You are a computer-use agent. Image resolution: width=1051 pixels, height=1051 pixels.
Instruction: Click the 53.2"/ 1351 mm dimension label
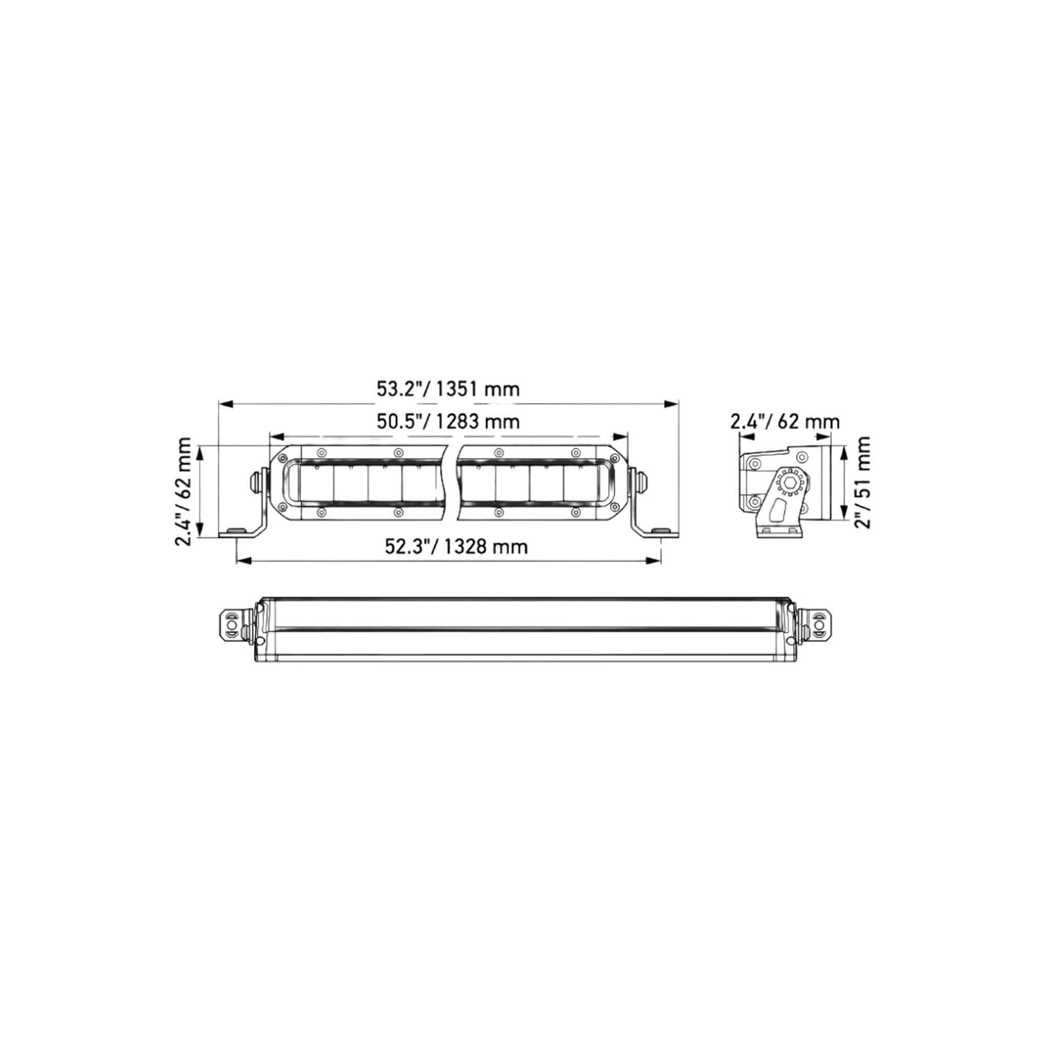tap(448, 389)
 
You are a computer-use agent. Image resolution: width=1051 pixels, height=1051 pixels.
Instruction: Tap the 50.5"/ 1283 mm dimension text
tap(448, 422)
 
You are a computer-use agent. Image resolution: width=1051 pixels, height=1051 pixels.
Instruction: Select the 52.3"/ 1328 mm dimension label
tap(456, 546)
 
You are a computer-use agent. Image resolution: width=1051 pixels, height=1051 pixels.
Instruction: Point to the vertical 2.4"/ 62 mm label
tap(183, 491)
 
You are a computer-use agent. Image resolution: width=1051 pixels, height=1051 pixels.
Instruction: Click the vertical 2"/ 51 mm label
tap(862, 483)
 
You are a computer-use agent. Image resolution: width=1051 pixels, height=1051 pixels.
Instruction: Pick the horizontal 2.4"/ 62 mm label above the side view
tap(784, 422)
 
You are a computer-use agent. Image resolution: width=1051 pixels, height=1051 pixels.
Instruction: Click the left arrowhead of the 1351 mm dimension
tap(225, 404)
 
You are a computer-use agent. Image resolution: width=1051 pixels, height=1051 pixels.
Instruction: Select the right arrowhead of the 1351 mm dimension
tap(672, 404)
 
